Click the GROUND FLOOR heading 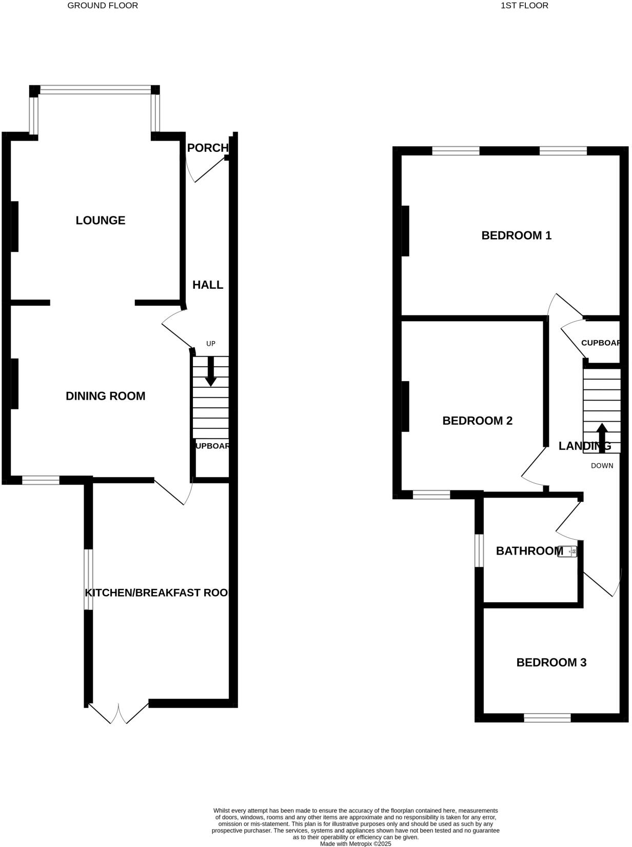pyautogui.click(x=103, y=6)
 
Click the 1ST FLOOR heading pyautogui.click(x=524, y=6)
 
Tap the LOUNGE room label pyautogui.click(x=101, y=221)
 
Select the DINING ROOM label pyautogui.click(x=106, y=396)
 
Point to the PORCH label pyautogui.click(x=207, y=148)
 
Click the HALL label pyautogui.click(x=208, y=285)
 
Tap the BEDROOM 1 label pyautogui.click(x=516, y=235)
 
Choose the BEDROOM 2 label pyautogui.click(x=477, y=421)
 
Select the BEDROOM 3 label pyautogui.click(x=551, y=663)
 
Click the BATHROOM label pyautogui.click(x=529, y=551)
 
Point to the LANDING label pyautogui.click(x=585, y=446)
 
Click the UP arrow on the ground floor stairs pyautogui.click(x=210, y=371)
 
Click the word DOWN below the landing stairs pyautogui.click(x=602, y=466)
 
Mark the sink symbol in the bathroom pyautogui.click(x=570, y=551)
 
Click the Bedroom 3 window pyautogui.click(x=547, y=718)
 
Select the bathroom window pyautogui.click(x=479, y=551)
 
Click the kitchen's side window pyautogui.click(x=89, y=580)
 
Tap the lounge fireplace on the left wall pyautogui.click(x=14, y=227)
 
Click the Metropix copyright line pyautogui.click(x=355, y=843)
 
